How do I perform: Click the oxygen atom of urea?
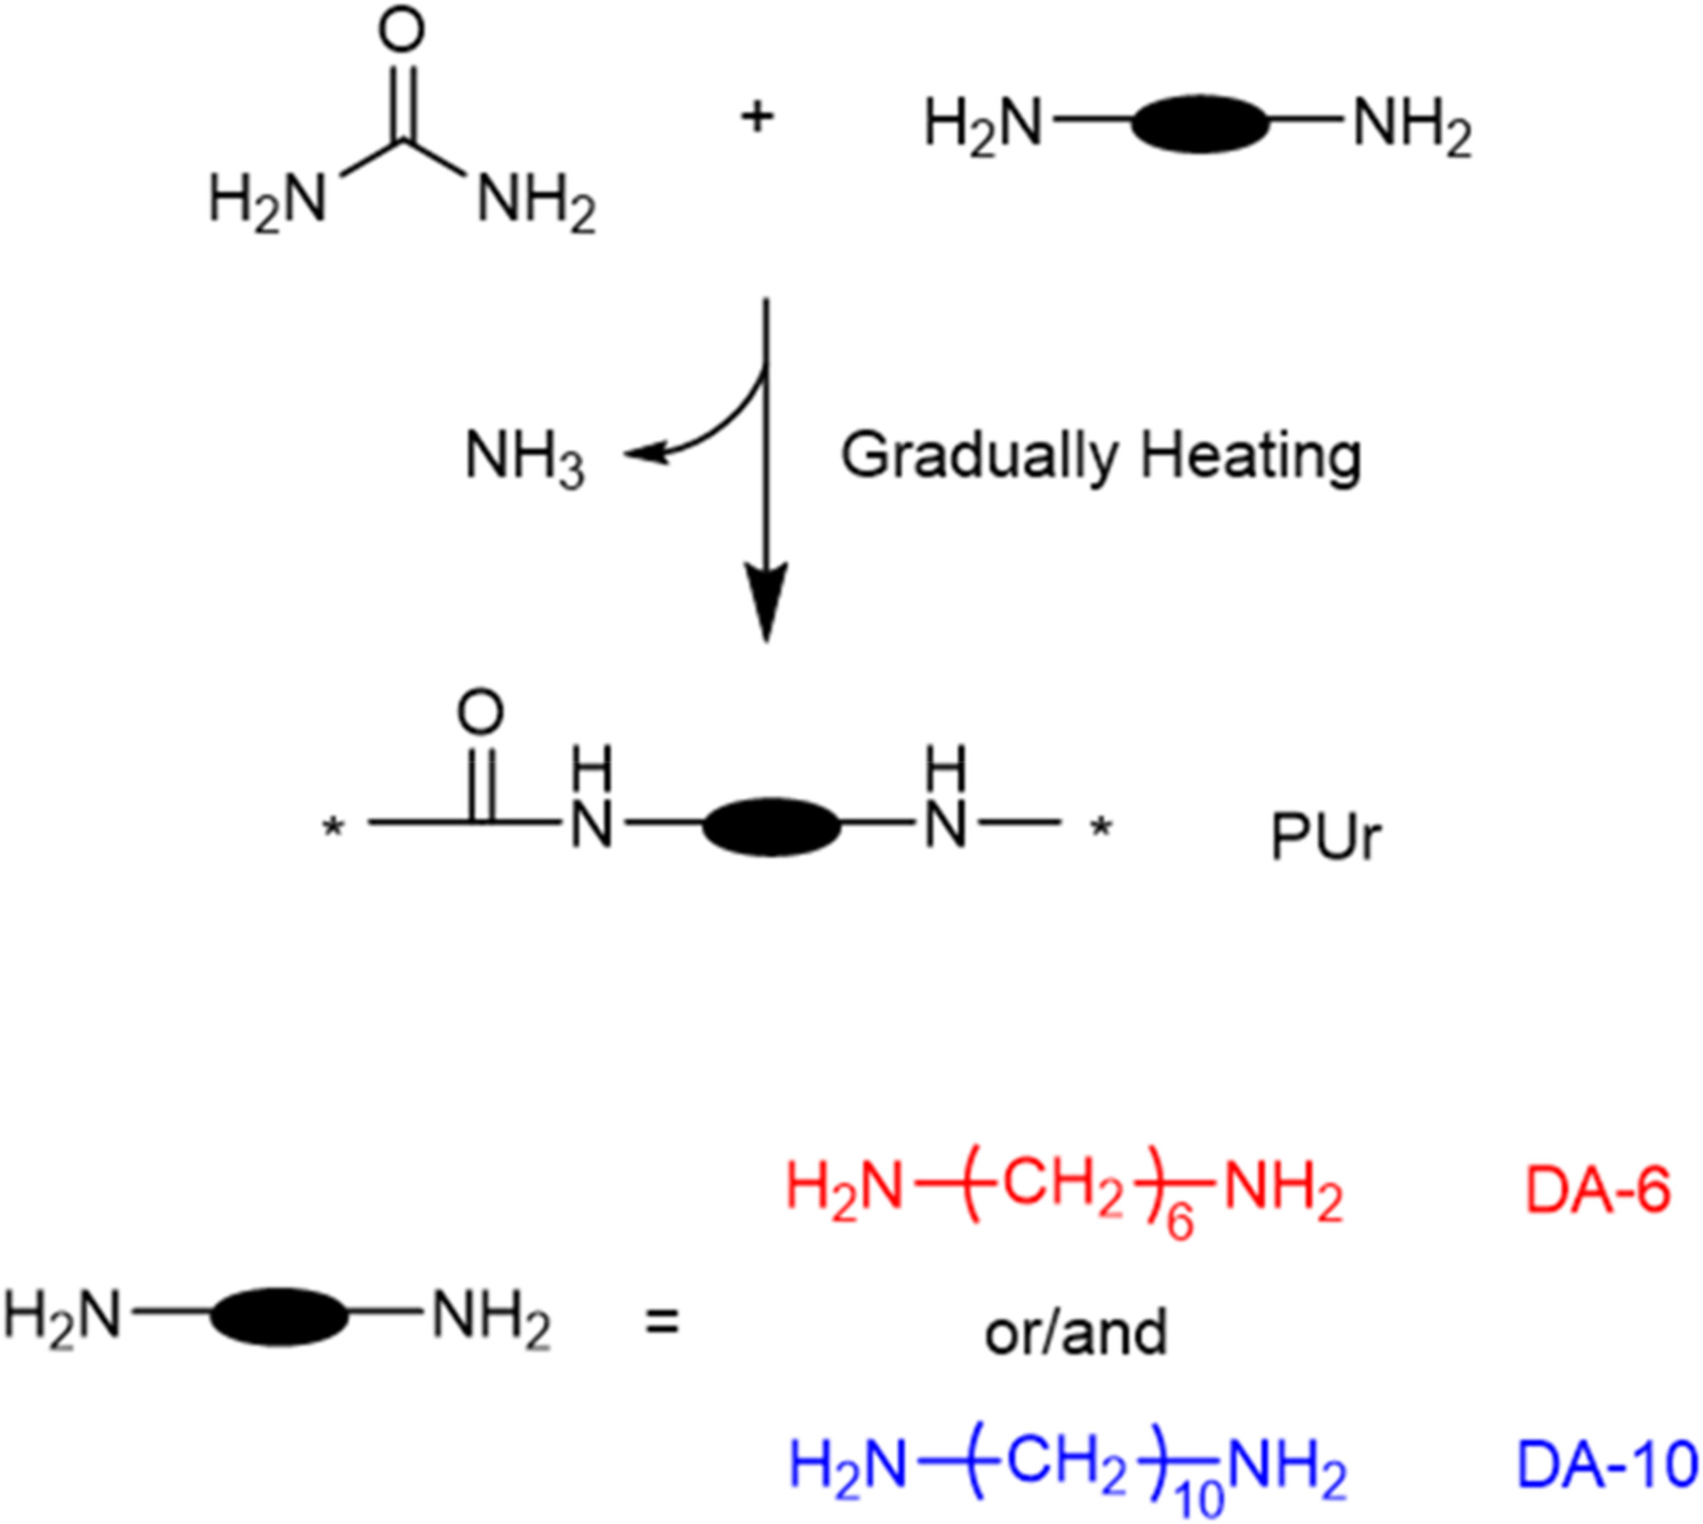pyautogui.click(x=401, y=32)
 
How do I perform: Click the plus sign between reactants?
pyautogui.click(x=757, y=118)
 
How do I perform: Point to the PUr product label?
pyautogui.click(x=1325, y=837)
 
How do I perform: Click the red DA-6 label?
pyautogui.click(x=1597, y=1192)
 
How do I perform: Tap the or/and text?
pyautogui.click(x=1075, y=1331)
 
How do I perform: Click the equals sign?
pyautogui.click(x=661, y=1322)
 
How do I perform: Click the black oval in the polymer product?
pyautogui.click(x=770, y=825)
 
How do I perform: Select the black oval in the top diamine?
pyautogui.click(x=1200, y=125)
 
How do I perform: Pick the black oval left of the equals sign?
pyautogui.click(x=278, y=1317)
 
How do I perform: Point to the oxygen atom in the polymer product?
pyautogui.click(x=480, y=713)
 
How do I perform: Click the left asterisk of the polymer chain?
pyautogui.click(x=334, y=827)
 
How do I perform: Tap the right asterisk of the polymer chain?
pyautogui.click(x=1099, y=827)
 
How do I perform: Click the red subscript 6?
pyautogui.click(x=1180, y=1223)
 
